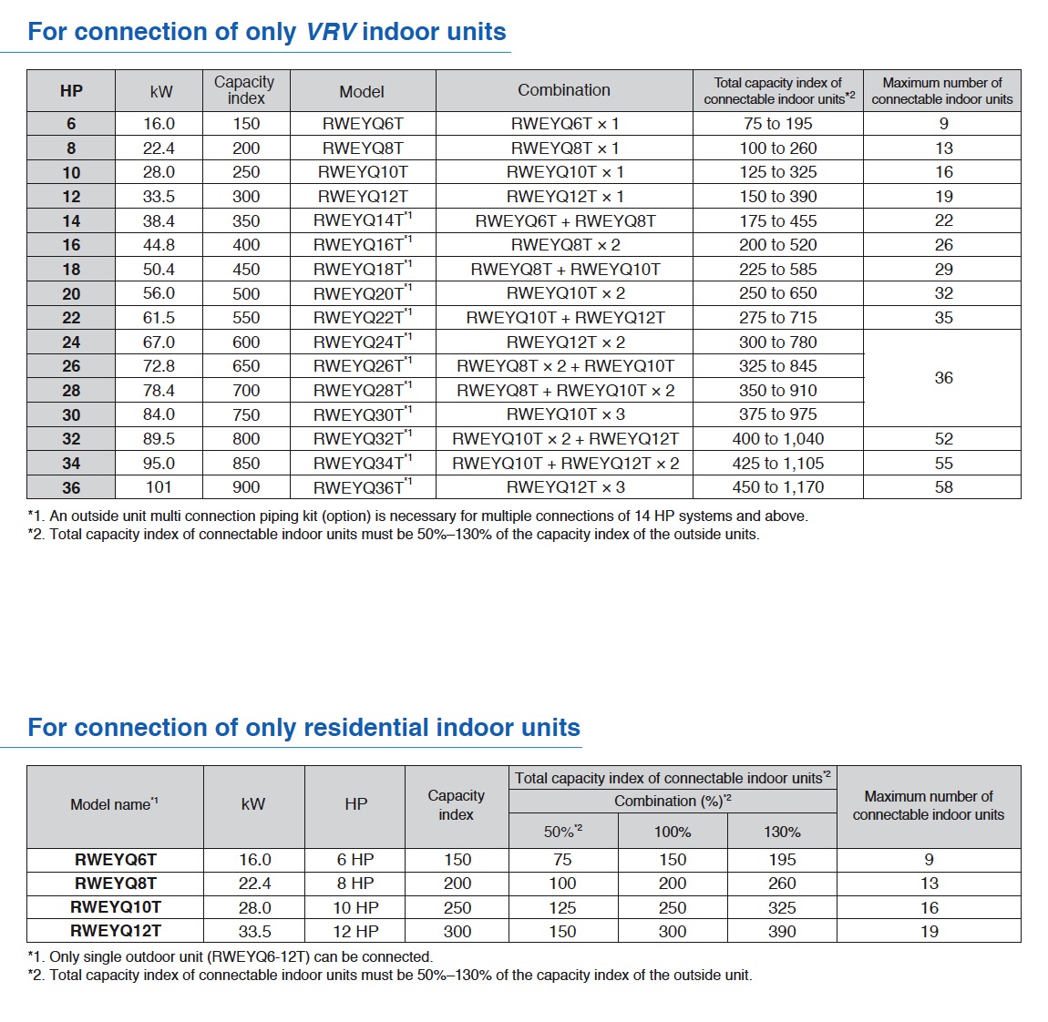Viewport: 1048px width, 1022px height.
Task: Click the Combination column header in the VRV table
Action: (x=564, y=90)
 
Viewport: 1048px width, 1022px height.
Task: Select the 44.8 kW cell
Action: (x=159, y=245)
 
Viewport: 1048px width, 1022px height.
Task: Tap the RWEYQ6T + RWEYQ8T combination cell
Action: (x=565, y=220)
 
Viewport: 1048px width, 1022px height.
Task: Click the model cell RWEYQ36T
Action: (x=362, y=487)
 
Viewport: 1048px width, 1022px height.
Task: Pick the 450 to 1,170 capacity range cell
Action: (x=778, y=487)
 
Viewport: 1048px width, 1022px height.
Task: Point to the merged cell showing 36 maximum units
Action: (x=943, y=378)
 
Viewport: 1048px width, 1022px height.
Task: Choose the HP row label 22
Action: (x=71, y=318)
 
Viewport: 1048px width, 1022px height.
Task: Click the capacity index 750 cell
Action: (x=246, y=414)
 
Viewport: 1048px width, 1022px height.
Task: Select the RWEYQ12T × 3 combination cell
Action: (x=565, y=487)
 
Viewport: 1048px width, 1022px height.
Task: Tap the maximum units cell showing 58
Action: (x=943, y=487)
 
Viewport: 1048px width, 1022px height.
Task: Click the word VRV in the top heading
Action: (x=331, y=32)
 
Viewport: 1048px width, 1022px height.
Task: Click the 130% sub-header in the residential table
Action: (x=782, y=832)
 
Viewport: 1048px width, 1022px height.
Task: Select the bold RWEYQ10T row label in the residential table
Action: (x=116, y=907)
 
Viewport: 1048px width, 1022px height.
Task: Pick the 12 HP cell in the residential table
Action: (x=355, y=932)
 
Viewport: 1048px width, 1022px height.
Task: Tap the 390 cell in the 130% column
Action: (x=782, y=932)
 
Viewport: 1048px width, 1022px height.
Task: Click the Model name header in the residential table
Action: (x=114, y=804)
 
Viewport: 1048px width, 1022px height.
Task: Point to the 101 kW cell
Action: (x=159, y=487)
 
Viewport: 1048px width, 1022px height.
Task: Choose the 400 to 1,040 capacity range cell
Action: (x=778, y=439)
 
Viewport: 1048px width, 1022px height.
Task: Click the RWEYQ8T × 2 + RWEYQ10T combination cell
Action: (x=565, y=366)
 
